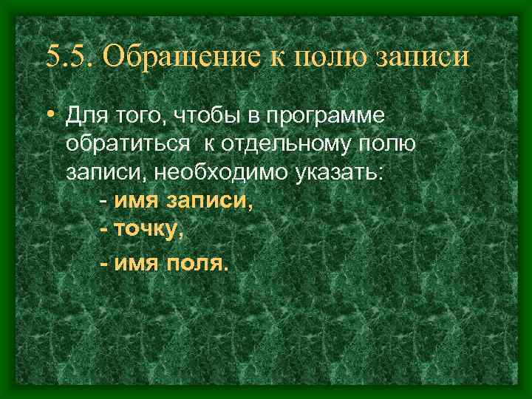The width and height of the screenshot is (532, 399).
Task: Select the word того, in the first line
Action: coord(141,117)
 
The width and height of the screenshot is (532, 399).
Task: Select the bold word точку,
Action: coord(149,230)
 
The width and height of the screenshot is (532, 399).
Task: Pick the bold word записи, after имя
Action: coord(211,201)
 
